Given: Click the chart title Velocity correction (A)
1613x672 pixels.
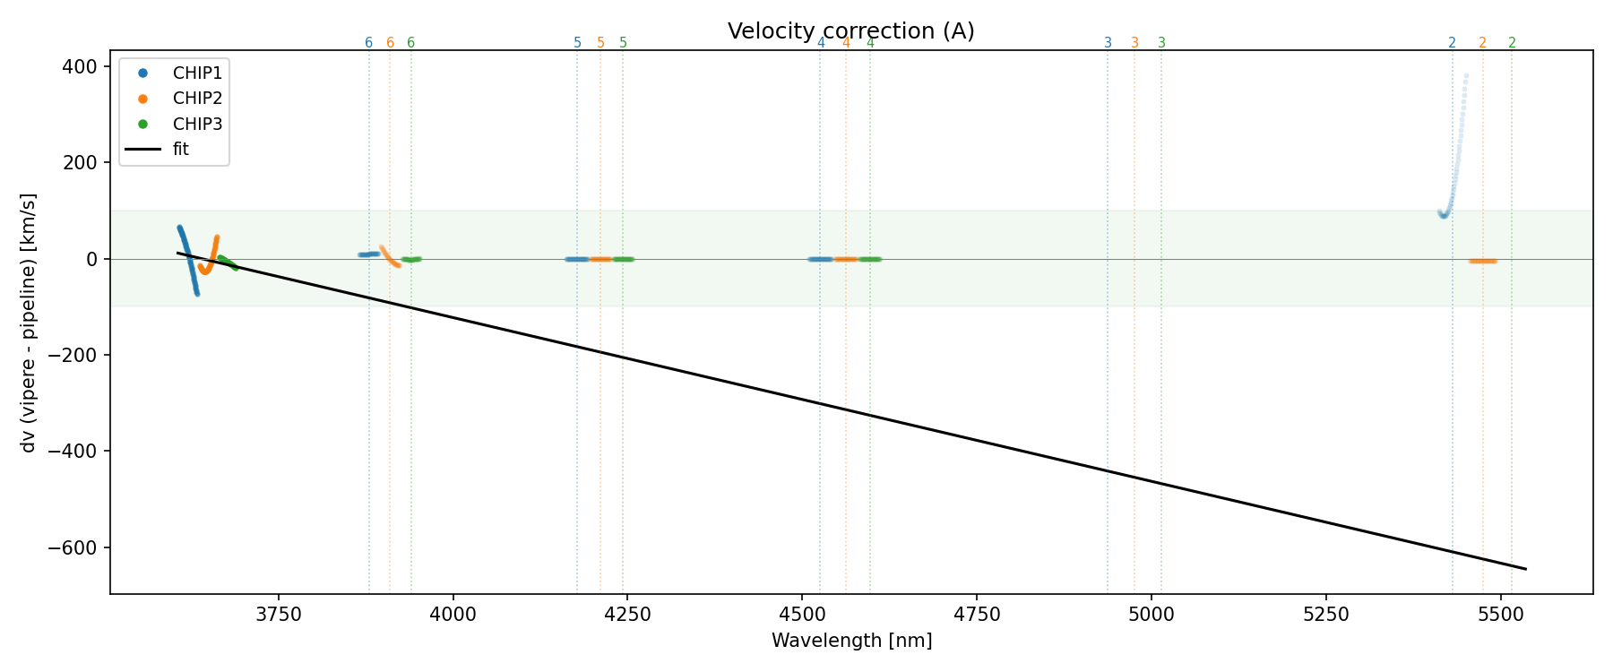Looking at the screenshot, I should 850,31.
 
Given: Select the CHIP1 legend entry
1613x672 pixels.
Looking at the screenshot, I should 197,73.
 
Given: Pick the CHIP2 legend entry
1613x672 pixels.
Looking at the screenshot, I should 197,99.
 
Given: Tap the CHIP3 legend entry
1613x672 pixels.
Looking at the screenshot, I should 197,124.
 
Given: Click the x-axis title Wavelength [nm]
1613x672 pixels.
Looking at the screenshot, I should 851,641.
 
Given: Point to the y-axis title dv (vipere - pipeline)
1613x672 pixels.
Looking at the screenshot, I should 29,322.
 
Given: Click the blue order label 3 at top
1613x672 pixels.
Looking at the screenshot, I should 1108,43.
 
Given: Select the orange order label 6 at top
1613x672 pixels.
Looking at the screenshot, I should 390,43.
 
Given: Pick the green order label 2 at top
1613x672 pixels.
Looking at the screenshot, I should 1512,43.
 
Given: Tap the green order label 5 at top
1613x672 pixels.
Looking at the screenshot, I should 623,43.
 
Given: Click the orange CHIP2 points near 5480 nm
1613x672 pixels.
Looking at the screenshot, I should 1483,261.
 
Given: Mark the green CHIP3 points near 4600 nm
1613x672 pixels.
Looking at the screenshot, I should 870,259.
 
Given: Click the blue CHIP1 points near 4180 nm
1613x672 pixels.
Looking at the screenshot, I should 577,259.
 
